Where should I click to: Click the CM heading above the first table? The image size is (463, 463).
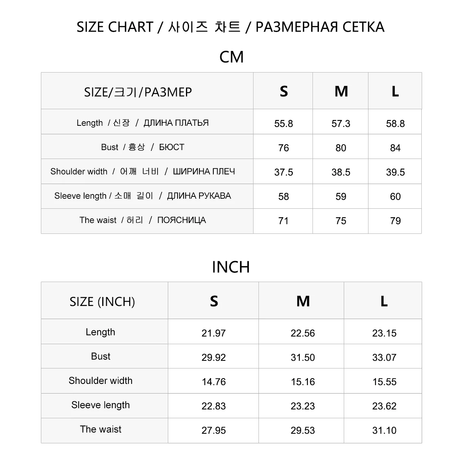(231, 57)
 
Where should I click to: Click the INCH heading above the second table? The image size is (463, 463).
(231, 267)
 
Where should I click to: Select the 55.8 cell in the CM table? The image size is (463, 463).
(284, 123)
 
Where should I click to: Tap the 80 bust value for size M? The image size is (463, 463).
(341, 148)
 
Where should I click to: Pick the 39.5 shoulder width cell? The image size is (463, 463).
(395, 172)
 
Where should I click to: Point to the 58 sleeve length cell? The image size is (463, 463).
(284, 196)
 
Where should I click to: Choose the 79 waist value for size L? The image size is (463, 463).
(395, 221)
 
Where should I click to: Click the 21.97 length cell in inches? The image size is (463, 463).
(213, 333)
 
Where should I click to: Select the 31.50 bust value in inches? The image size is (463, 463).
(302, 357)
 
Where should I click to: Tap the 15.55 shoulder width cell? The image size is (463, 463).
(384, 382)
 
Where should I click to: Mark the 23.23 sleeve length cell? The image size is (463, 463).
(302, 406)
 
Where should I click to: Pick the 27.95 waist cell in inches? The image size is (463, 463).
(213, 430)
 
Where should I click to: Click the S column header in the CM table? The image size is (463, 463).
(284, 91)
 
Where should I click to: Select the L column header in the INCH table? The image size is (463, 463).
(384, 301)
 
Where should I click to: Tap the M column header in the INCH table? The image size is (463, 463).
(303, 301)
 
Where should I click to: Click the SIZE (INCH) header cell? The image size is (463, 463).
(102, 301)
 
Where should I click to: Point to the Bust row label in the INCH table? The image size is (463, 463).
(101, 356)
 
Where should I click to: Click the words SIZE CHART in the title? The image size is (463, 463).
(115, 27)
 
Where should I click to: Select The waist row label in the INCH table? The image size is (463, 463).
(101, 429)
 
